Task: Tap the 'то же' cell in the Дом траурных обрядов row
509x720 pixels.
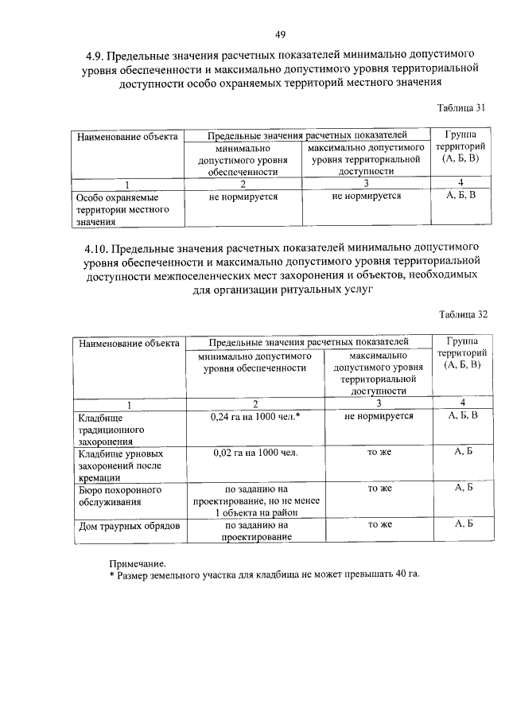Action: tap(379, 525)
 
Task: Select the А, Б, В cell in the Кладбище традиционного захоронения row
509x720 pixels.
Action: tap(463, 415)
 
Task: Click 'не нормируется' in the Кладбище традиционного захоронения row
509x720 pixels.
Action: tap(379, 415)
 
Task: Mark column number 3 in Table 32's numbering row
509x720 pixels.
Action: tap(379, 402)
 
